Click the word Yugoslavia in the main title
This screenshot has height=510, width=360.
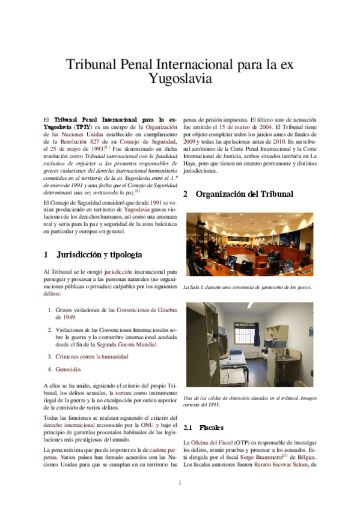pyautogui.click(x=180, y=78)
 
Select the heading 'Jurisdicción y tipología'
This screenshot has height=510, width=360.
pyautogui.click(x=99, y=254)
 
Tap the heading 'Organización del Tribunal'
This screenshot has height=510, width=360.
pyautogui.click(x=244, y=194)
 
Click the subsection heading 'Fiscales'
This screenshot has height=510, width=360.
pyautogui.click(x=211, y=428)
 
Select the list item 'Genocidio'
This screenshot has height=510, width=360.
pyautogui.click(x=68, y=369)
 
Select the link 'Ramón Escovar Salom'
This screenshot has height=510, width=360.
pyautogui.click(x=275, y=464)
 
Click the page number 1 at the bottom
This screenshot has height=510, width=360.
pyautogui.click(x=180, y=483)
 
